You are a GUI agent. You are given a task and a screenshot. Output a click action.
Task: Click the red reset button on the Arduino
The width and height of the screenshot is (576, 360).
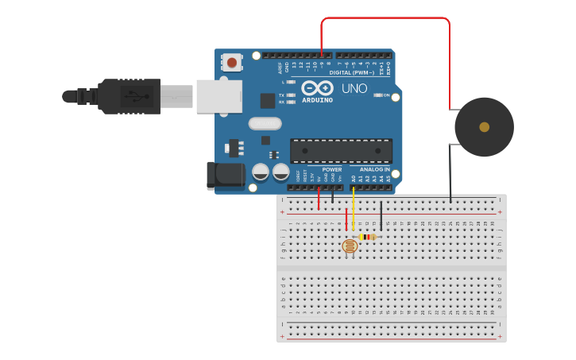coord(232,61)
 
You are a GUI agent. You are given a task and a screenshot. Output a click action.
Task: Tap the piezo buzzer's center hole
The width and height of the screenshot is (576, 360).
coord(484,126)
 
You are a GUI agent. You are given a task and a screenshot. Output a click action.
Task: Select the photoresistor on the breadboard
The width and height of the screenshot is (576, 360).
coord(350,246)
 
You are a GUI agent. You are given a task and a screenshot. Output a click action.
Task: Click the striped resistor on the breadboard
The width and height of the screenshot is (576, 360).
coord(367,236)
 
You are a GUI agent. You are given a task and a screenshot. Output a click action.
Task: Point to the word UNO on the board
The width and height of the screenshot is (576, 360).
coord(354,88)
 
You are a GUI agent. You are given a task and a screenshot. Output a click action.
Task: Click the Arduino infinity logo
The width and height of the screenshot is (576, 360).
coord(317,88)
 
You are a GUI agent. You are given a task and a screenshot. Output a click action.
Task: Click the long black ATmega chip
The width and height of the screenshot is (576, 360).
coord(341,150)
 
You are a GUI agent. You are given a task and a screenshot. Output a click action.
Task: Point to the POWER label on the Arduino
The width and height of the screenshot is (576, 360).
coord(332,169)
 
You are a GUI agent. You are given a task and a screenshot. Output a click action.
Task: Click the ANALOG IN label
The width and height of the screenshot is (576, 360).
coord(375,169)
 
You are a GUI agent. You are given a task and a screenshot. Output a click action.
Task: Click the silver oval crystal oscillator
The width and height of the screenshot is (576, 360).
coord(265,123)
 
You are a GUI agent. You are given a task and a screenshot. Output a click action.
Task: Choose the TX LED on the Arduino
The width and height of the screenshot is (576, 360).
coord(291,95)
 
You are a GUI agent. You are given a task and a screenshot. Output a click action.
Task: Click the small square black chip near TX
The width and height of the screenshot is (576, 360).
coord(268,100)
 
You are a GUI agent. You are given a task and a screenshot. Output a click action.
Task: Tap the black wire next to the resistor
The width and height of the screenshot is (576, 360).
coord(381,215)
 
